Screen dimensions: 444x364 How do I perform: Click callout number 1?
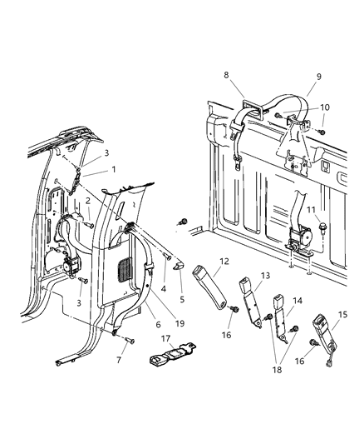114,170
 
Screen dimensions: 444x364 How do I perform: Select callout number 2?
87,202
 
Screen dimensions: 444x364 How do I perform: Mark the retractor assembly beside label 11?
295,242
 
